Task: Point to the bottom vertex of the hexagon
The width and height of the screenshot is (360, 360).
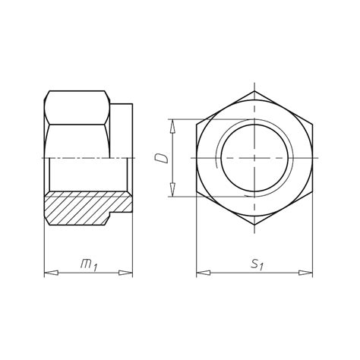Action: [x=254, y=226]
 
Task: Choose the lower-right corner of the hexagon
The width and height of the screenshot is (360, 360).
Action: [x=312, y=192]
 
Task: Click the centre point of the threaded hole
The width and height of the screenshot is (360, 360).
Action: [x=254, y=158]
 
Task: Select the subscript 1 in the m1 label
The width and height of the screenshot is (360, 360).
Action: [x=95, y=267]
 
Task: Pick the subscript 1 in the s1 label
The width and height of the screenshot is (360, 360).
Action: [x=261, y=267]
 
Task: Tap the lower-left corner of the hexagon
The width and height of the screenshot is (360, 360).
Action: [x=196, y=192]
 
